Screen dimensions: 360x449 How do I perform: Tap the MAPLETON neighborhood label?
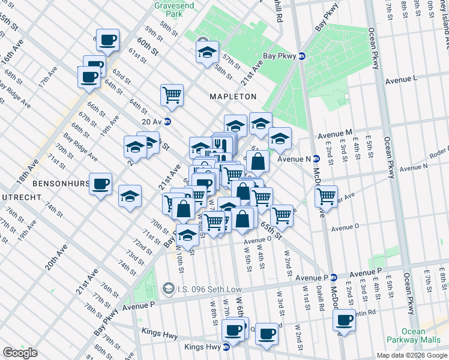(232, 96)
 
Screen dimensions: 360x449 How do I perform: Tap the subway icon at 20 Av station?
(168, 122)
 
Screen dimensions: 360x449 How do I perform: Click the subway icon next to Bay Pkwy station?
(302, 56)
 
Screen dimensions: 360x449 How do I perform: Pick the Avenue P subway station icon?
(333, 277)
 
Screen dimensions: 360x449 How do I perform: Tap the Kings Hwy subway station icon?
(226, 347)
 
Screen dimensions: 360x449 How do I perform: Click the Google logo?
(20, 353)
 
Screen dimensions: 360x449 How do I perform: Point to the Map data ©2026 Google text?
(412, 355)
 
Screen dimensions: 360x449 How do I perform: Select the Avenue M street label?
(334, 133)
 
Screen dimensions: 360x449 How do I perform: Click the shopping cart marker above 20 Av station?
(172, 94)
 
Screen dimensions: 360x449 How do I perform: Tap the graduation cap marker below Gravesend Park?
(207, 51)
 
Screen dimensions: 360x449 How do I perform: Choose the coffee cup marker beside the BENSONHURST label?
(101, 183)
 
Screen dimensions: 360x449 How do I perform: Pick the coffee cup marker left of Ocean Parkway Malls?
(345, 319)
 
